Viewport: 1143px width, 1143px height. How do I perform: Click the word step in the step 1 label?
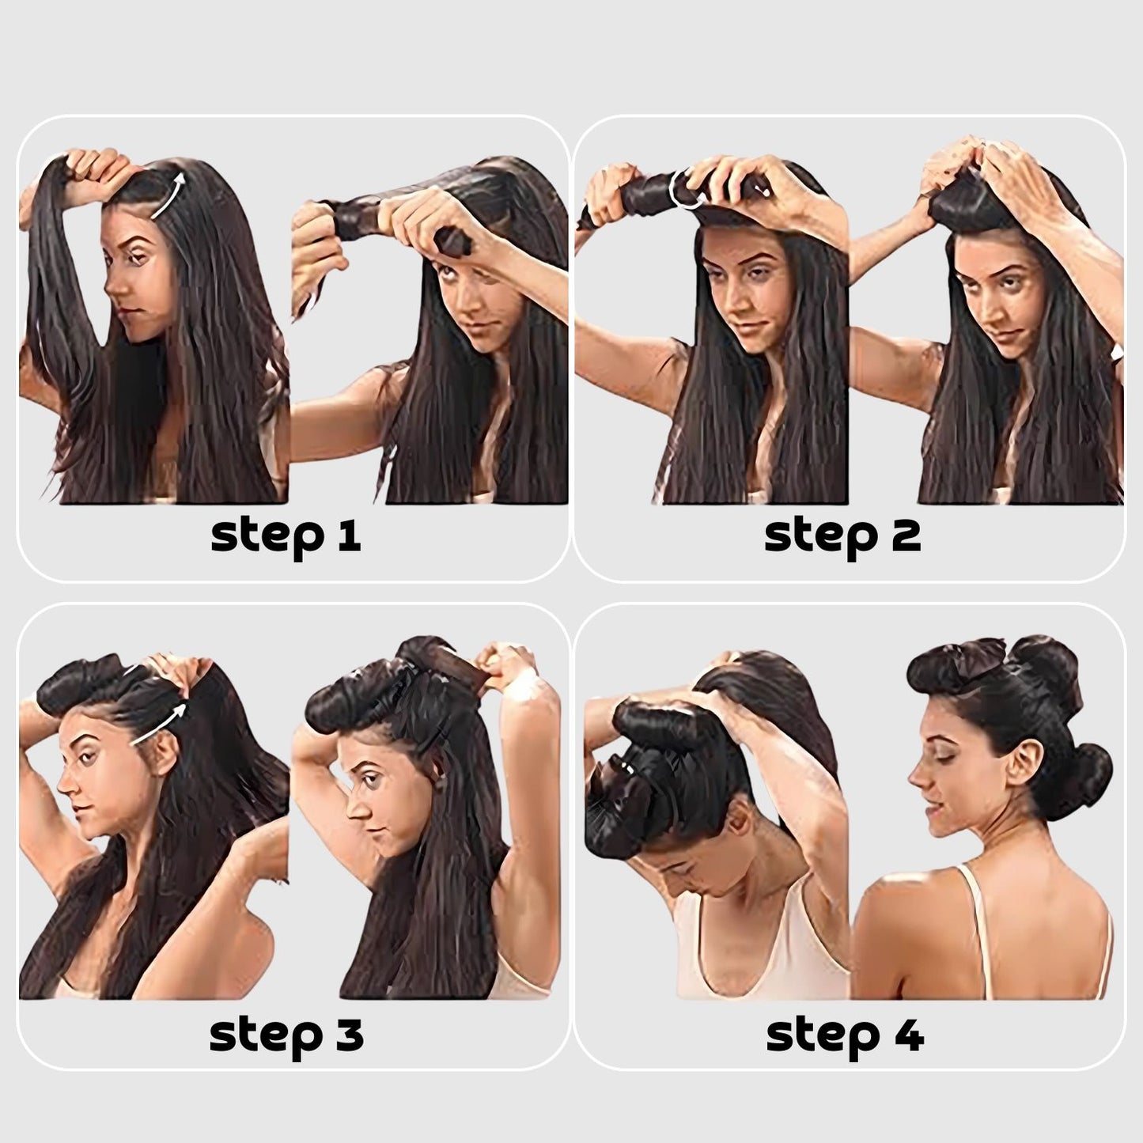(x=268, y=539)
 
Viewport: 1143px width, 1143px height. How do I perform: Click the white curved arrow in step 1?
(x=168, y=195)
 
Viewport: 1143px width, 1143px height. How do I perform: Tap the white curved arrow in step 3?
(x=157, y=724)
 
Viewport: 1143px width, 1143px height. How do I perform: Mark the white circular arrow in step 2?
(x=685, y=188)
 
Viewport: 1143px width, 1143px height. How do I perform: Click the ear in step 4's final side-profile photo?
(x=1020, y=765)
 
